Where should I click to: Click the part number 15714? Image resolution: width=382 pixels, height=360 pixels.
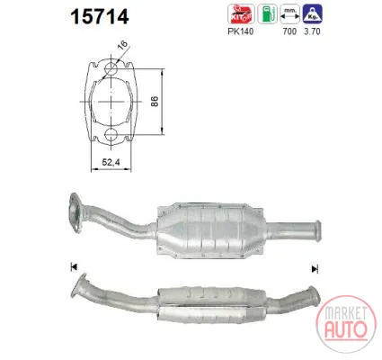(100, 16)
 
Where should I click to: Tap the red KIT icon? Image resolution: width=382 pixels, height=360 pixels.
(241, 13)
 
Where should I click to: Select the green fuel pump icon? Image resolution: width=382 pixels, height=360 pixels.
(268, 13)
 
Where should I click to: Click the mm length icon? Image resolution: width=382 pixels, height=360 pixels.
(289, 13)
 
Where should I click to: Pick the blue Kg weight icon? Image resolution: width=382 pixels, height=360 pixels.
(312, 13)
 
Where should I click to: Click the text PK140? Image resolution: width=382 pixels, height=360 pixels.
(241, 31)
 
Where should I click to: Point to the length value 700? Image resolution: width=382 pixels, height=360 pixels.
(289, 31)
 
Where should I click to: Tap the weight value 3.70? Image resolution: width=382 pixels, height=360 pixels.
(312, 31)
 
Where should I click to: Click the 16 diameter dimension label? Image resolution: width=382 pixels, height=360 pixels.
(122, 46)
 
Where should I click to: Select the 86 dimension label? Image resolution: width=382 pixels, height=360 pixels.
(155, 102)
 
